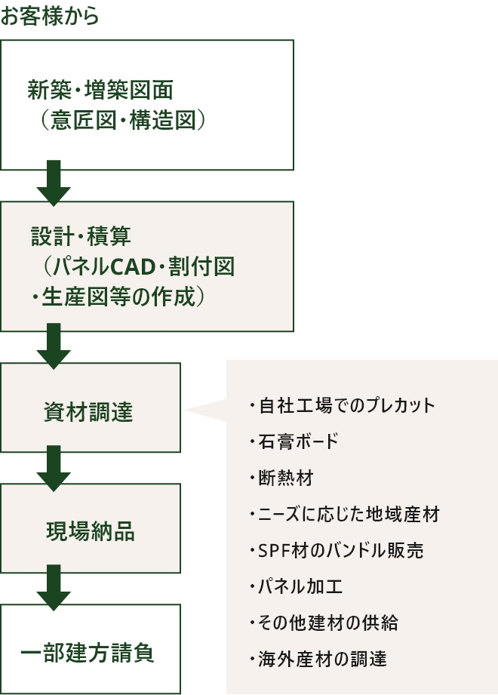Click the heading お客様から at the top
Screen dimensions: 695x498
[x=50, y=17]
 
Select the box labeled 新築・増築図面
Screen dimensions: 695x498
[x=146, y=104]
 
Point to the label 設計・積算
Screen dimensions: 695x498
[x=81, y=236]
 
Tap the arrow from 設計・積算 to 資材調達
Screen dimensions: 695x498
[x=54, y=346]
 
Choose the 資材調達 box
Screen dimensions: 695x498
[x=91, y=407]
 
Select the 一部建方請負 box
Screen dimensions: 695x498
[x=91, y=650]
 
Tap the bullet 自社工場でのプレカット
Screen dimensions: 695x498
[x=342, y=405]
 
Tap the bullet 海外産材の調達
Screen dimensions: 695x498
[x=318, y=659]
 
